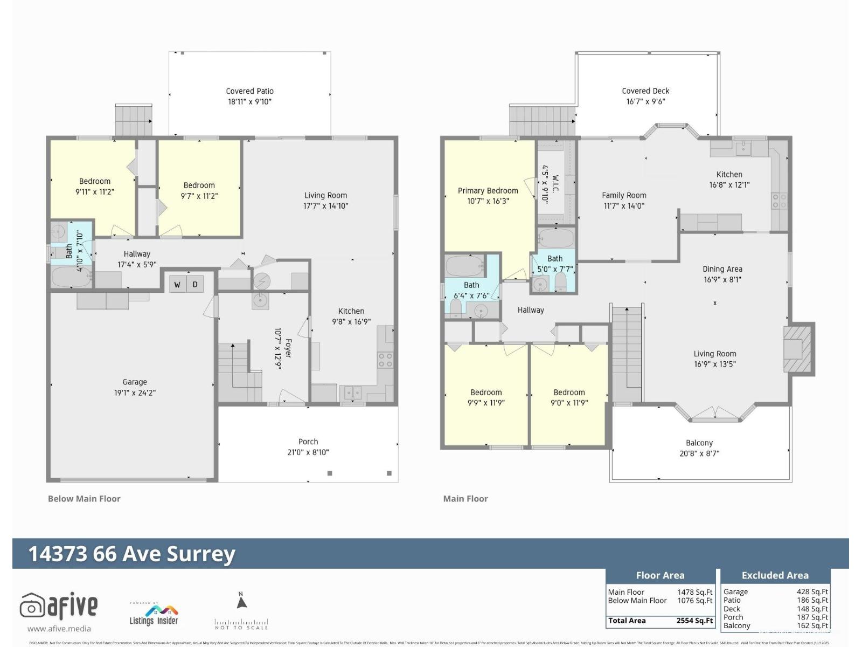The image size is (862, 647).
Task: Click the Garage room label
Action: [135, 382]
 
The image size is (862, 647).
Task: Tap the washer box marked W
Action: [177, 284]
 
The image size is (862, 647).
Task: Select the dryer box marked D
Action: [195, 284]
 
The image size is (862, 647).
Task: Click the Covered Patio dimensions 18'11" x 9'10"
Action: [249, 101]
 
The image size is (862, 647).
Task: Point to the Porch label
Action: [308, 442]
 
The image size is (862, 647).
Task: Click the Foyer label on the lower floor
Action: [288, 348]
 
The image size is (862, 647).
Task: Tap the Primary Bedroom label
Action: [488, 190]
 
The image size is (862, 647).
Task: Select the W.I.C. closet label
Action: [555, 183]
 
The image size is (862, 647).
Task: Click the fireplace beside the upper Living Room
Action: [797, 349]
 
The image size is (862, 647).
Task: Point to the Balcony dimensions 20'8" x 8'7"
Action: [699, 453]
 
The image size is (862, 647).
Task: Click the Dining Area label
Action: [722, 269]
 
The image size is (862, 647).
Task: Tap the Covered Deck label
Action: [645, 91]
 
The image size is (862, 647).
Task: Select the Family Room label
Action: [624, 195]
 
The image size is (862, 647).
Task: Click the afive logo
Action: [59, 607]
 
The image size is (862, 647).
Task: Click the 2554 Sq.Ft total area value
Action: [694, 621]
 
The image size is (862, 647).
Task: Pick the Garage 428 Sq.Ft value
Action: [812, 591]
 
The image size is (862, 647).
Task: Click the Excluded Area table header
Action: [775, 575]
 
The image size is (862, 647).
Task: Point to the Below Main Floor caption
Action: [84, 499]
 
